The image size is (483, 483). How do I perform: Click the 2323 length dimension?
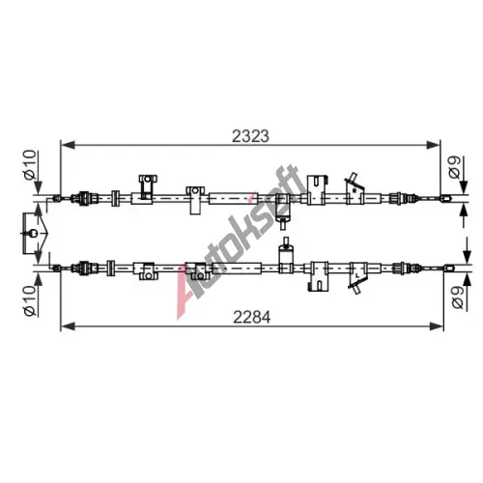[x=250, y=136]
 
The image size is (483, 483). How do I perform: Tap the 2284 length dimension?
[x=252, y=318]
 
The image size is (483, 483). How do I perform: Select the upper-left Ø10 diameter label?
[x=30, y=164]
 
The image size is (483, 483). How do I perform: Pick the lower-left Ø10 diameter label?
[x=30, y=300]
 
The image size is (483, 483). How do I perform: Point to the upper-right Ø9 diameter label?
[x=455, y=167]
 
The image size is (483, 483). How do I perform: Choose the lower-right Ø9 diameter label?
[x=457, y=298]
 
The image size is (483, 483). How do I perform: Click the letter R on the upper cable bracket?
[x=354, y=190]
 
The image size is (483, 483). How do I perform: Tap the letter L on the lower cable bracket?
[x=357, y=275]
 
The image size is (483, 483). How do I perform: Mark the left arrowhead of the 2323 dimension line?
[x=68, y=145]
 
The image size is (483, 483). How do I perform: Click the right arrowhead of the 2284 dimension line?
[x=437, y=327]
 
